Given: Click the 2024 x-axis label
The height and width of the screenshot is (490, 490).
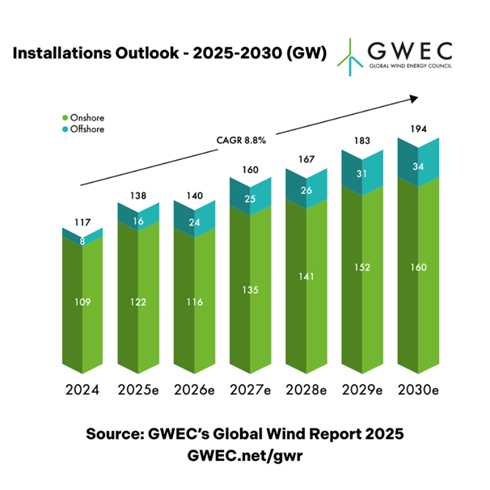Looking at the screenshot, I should click(x=82, y=391).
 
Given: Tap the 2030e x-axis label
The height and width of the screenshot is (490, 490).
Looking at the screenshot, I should click(x=418, y=391).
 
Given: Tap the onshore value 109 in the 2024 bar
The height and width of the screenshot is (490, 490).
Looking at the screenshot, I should click(x=82, y=302).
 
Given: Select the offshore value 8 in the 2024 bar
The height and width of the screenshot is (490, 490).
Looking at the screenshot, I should click(x=82, y=239).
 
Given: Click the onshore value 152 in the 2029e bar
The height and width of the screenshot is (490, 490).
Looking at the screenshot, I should click(x=361, y=268).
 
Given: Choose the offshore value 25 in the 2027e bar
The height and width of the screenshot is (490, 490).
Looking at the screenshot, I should click(x=250, y=200).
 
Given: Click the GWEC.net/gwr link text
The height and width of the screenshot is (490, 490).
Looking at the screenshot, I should click(x=244, y=456).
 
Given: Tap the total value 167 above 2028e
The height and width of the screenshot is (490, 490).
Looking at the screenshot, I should click(x=306, y=158).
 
